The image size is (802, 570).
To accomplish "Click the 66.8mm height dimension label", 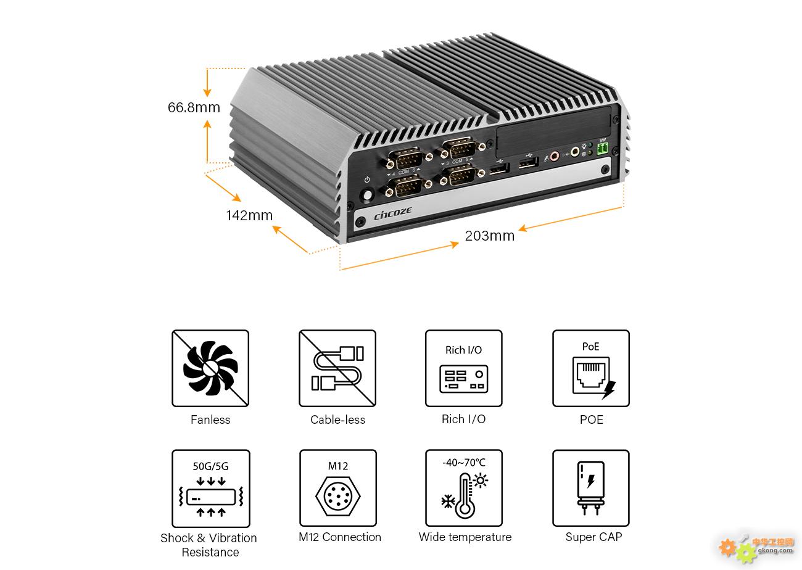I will click(194, 107).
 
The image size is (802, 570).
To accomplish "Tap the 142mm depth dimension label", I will click(249, 215).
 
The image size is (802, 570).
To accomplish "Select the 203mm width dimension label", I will click(489, 236).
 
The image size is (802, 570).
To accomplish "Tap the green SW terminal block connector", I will click(602, 149).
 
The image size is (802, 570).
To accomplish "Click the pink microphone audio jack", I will click(554, 155).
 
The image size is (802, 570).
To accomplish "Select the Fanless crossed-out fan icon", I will click(210, 368).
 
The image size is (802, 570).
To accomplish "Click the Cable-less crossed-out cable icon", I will click(337, 368).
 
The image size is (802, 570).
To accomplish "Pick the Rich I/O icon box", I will click(464, 368).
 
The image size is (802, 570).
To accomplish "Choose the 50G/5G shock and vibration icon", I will click(210, 488).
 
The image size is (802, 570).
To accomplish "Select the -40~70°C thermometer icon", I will click(464, 488).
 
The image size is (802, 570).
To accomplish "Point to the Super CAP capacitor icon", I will click(591, 488).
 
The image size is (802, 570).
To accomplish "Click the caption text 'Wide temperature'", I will click(465, 537).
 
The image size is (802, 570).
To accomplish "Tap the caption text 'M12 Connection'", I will click(340, 537).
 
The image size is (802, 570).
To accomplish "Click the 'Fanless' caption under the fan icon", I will click(210, 420).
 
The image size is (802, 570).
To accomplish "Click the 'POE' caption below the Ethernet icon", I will click(591, 420).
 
